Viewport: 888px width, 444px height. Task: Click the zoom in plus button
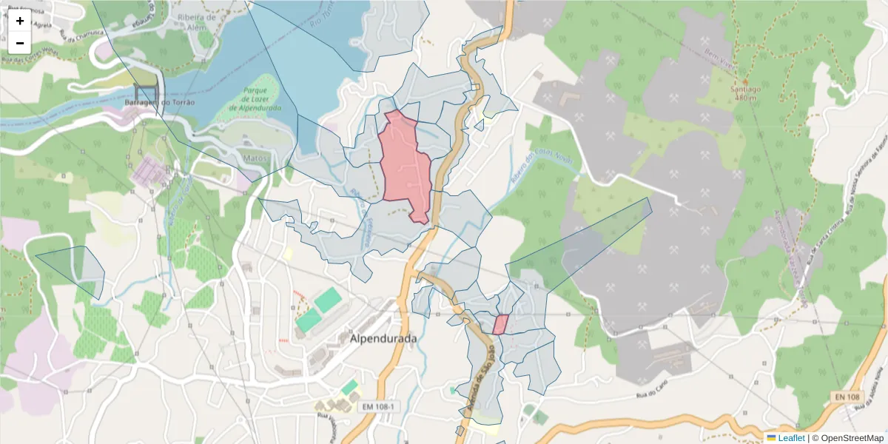20,21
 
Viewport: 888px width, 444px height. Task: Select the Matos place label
254,158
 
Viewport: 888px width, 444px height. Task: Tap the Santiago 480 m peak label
745,93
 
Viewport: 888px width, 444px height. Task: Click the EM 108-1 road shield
378,407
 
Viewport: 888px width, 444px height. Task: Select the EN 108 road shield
844,397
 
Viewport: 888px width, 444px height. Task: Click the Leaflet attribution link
791,437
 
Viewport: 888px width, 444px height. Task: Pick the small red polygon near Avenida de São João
501,324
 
